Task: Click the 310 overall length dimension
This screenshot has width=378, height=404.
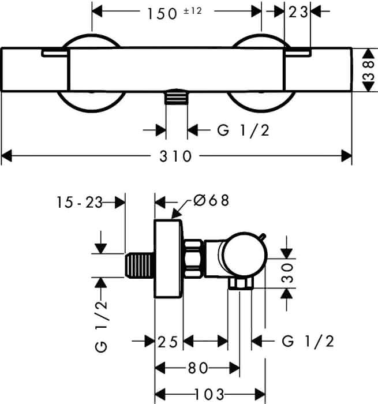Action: tap(175, 156)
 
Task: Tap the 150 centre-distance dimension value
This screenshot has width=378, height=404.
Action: tap(162, 14)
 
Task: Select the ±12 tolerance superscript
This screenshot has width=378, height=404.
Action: tap(193, 11)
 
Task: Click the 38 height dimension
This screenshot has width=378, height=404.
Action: tap(369, 70)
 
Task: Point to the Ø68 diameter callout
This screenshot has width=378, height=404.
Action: tap(211, 200)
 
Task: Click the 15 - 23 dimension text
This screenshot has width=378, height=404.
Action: tap(80, 202)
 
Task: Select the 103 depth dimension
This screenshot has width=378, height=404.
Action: tap(209, 394)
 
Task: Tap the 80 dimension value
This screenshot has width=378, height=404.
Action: tap(198, 368)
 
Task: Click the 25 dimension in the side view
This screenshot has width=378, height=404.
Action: tap(167, 342)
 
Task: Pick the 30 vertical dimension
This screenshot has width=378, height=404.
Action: tap(287, 272)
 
